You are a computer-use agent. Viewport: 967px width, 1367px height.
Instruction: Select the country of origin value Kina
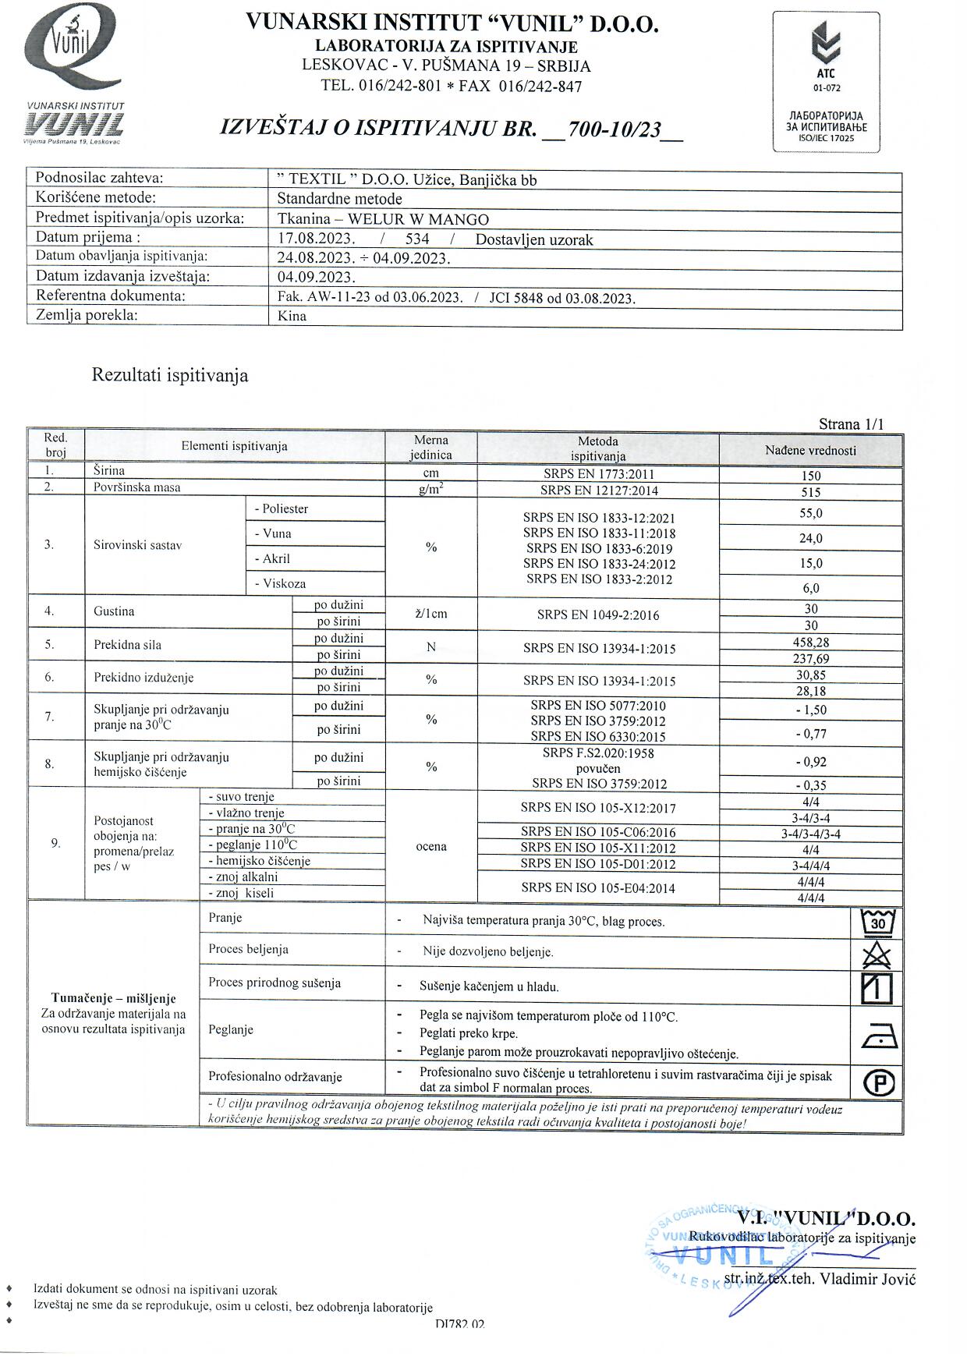point(292,316)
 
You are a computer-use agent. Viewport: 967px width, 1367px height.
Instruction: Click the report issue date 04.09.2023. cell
point(317,277)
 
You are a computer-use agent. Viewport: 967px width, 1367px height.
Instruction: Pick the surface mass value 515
point(810,492)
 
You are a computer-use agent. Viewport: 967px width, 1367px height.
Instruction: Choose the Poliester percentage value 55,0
point(810,513)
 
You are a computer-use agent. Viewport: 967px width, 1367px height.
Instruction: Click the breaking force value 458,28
point(810,643)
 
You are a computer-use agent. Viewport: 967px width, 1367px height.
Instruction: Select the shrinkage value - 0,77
point(810,733)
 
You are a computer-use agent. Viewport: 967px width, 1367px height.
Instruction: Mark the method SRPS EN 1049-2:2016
point(597,614)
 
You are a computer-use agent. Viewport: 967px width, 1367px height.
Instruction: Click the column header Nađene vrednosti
point(810,450)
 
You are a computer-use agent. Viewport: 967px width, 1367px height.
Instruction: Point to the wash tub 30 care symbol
point(877,923)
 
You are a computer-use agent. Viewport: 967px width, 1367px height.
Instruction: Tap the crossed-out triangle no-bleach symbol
point(877,954)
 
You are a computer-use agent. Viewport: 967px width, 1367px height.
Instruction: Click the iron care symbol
point(879,1036)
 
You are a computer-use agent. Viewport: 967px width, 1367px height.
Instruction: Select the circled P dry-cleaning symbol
point(879,1082)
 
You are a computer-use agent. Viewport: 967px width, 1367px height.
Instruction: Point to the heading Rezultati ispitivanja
point(170,375)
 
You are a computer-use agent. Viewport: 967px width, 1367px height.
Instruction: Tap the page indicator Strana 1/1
point(851,424)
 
